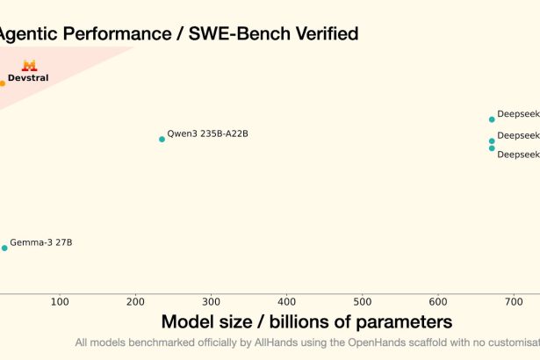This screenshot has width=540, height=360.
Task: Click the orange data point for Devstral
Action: [2, 83]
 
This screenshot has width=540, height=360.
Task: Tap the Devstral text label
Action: [28, 78]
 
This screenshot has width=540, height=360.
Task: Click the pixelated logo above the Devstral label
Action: [28, 65]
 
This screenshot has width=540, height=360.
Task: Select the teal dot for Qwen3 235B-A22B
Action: [162, 139]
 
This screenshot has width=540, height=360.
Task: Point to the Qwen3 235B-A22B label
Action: [207, 133]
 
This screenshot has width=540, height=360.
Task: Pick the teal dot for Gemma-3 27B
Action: [4, 248]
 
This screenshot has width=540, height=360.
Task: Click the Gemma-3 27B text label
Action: [40, 242]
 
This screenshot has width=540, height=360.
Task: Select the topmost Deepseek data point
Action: [492, 119]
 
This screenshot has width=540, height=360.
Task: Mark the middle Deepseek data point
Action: [492, 140]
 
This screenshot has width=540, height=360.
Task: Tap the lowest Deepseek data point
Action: [492, 148]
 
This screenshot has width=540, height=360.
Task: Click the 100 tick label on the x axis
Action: [60, 302]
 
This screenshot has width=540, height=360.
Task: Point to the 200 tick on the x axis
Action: [135, 302]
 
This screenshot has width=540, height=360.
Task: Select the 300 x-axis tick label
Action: [211, 302]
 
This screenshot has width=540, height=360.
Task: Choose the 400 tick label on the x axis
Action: [286, 302]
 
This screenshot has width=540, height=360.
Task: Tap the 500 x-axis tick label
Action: [362, 302]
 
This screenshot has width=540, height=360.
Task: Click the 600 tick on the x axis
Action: [437, 302]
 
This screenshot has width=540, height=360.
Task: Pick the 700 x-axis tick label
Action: [513, 302]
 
